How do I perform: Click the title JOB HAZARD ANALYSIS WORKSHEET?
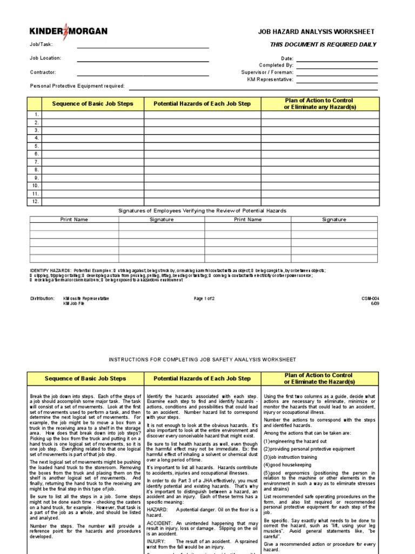tap(316, 32)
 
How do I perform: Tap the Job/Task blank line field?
tap(143, 45)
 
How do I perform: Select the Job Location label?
tap(45, 58)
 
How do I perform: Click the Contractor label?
tap(43, 72)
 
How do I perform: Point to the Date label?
tap(287, 58)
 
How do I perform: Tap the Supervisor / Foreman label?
tap(267, 72)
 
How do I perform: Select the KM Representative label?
tap(270, 79)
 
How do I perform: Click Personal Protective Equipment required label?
tap(77, 86)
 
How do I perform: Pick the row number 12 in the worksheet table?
tap(36, 201)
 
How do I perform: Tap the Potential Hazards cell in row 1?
tap(202, 115)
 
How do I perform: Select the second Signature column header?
tap(334, 220)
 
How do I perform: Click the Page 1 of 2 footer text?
tap(204, 298)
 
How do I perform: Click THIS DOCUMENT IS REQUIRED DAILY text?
tap(323, 45)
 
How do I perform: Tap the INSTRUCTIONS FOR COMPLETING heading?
tap(203, 360)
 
